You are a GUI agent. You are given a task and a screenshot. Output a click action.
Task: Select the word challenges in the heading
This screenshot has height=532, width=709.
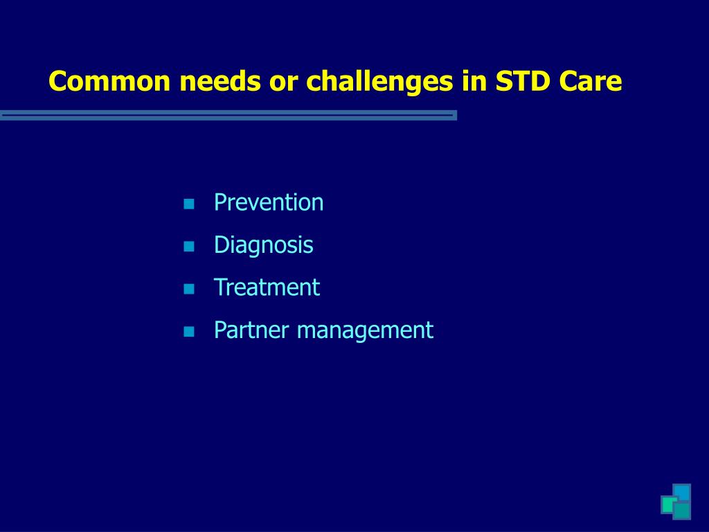(379, 82)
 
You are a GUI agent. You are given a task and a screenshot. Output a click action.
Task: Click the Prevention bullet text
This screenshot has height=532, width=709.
(269, 203)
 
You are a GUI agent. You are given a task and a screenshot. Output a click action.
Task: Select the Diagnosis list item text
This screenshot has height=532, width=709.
(263, 245)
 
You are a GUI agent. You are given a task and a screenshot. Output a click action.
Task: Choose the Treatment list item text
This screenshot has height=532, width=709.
(267, 287)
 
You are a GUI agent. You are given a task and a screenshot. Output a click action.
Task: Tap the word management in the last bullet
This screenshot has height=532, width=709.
(365, 330)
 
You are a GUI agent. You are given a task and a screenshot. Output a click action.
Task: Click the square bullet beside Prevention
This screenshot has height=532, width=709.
(188, 204)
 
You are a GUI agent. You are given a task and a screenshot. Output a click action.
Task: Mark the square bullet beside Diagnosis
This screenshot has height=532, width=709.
(188, 247)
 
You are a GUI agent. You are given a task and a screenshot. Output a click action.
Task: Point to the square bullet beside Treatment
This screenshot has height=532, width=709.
(188, 289)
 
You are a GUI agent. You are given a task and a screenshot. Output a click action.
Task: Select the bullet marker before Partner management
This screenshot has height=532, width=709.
(188, 332)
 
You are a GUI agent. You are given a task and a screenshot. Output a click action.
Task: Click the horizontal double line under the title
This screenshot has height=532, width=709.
(228, 115)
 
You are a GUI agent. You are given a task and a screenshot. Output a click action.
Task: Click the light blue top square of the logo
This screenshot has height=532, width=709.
(683, 491)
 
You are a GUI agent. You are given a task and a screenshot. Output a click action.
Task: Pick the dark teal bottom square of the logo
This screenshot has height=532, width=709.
(683, 511)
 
